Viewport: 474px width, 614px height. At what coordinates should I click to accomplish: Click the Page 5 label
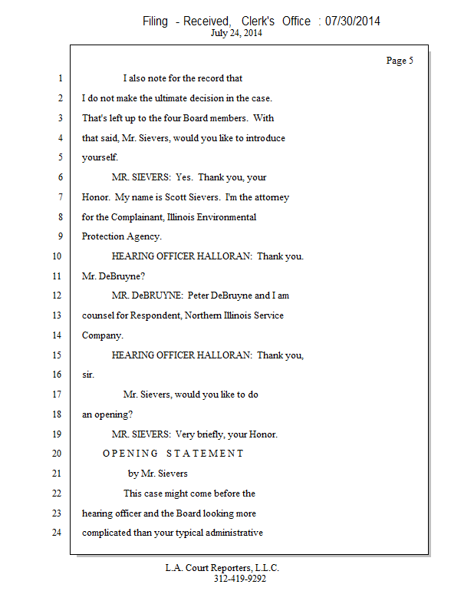click(400, 61)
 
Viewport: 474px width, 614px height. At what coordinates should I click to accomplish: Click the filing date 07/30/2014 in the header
click(352, 21)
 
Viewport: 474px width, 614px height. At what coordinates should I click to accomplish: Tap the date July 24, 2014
click(236, 33)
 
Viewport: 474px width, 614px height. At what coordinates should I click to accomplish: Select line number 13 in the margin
click(57, 315)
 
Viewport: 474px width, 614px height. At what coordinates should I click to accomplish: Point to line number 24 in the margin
click(57, 533)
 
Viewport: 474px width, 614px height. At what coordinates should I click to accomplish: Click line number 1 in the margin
click(59, 78)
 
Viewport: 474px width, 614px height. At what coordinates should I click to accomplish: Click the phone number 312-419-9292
click(239, 579)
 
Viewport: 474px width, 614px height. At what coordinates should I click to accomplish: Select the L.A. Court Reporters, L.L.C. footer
click(222, 568)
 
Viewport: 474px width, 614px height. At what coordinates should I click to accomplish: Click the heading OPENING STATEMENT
click(173, 454)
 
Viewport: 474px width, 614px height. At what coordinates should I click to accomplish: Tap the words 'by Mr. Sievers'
click(158, 474)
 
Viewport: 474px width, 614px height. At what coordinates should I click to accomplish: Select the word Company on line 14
click(102, 335)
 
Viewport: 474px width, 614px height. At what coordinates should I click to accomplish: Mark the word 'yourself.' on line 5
click(100, 157)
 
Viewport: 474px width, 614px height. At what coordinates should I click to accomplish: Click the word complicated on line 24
click(110, 533)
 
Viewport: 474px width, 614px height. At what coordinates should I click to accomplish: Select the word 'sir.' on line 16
click(88, 375)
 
